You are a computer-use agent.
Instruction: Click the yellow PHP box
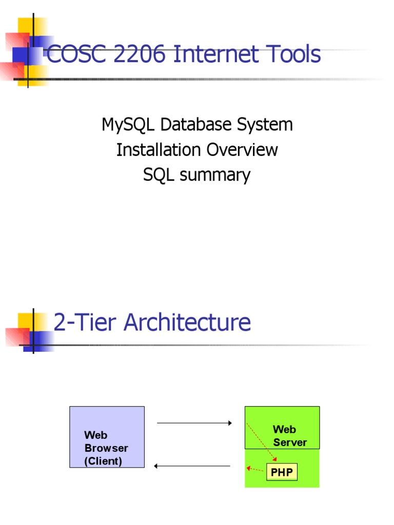[282, 472]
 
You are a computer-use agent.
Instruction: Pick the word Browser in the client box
[106, 448]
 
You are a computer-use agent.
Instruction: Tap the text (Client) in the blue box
[103, 461]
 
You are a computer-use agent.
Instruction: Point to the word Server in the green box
[290, 442]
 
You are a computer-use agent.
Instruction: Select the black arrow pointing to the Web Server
[194, 423]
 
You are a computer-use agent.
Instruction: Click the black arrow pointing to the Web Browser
[192, 466]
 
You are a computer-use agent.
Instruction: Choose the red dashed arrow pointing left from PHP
[255, 469]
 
